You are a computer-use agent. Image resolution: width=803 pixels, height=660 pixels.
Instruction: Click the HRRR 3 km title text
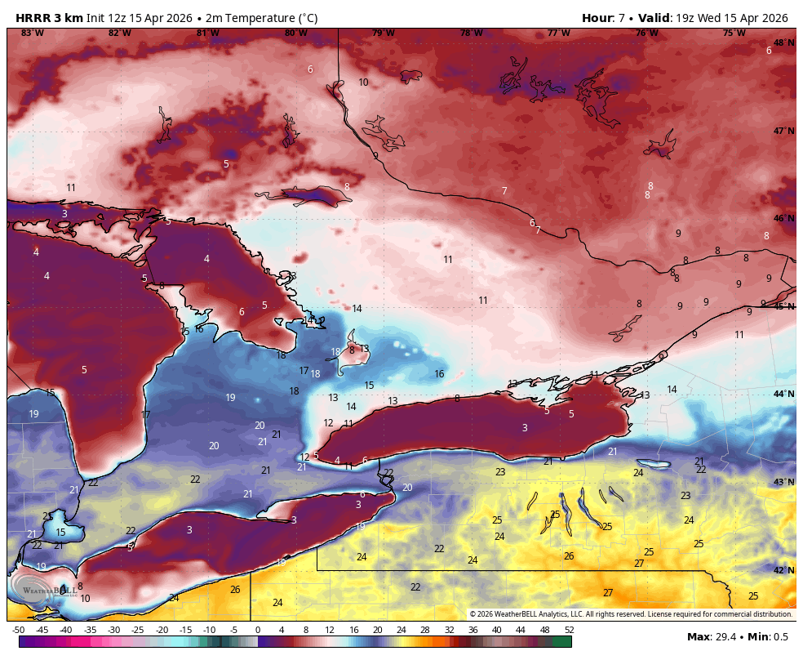tap(49, 18)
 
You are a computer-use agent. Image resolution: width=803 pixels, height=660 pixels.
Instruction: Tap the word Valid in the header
tap(652, 18)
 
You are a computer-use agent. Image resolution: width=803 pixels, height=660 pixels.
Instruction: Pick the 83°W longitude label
tap(32, 33)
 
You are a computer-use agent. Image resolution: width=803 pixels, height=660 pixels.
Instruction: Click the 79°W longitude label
tap(384, 33)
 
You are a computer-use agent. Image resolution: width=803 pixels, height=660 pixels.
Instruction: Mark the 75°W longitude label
tap(734, 33)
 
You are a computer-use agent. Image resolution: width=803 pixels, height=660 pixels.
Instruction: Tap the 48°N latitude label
tap(783, 42)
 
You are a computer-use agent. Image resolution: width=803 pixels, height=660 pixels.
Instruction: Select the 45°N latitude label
tap(783, 306)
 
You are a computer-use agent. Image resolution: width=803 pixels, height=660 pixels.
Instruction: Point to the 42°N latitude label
tap(783, 570)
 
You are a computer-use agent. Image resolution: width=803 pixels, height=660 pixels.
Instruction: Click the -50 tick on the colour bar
tap(18, 630)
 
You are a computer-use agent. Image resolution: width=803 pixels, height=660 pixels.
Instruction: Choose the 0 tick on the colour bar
tap(258, 630)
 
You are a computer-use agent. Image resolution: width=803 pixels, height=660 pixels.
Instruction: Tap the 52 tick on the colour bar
tap(569, 630)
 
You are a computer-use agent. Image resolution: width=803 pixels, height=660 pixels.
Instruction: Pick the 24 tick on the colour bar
tap(401, 630)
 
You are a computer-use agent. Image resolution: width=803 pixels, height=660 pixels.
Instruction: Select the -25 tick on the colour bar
tap(138, 630)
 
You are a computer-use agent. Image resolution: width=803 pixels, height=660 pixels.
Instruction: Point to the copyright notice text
tap(630, 614)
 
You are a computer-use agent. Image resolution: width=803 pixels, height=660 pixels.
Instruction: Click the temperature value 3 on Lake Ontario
tap(525, 428)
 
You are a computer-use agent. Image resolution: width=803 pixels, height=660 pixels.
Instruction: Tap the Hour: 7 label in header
tap(605, 18)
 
